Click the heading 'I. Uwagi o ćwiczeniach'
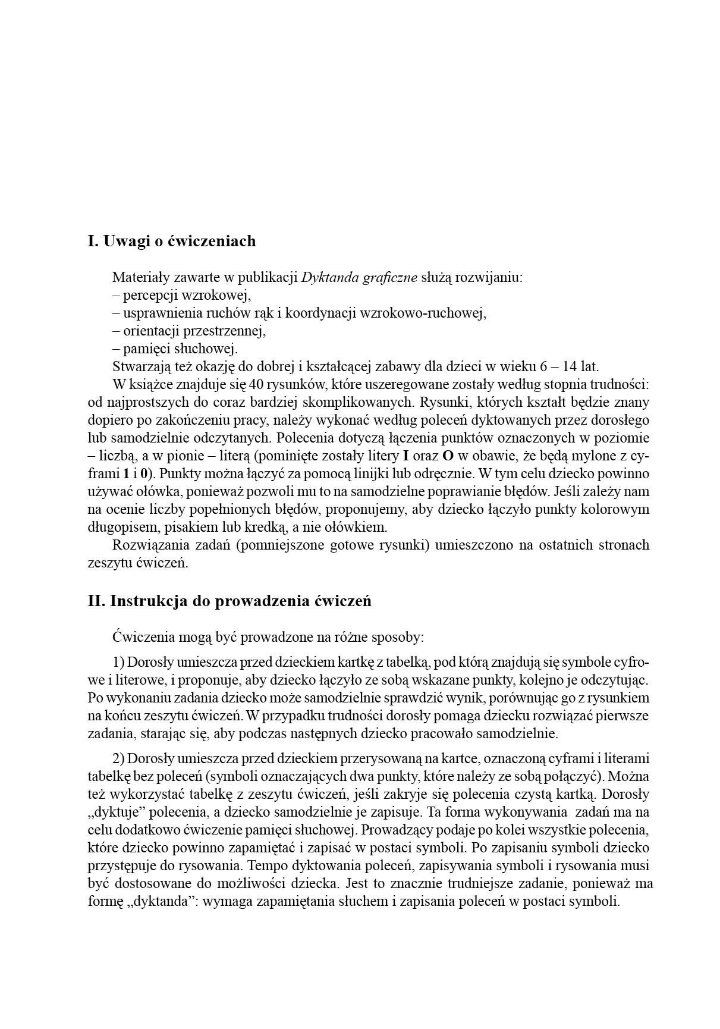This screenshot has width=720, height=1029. (171, 241)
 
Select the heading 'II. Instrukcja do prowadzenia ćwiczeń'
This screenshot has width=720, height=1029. (229, 601)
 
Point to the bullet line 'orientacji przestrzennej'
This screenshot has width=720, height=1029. (188, 331)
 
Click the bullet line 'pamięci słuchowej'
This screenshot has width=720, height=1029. (174, 349)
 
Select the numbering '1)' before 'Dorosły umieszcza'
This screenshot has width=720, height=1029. (118, 662)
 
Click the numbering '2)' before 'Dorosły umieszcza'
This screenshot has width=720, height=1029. (118, 758)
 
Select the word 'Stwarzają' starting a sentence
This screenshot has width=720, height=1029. (141, 366)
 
